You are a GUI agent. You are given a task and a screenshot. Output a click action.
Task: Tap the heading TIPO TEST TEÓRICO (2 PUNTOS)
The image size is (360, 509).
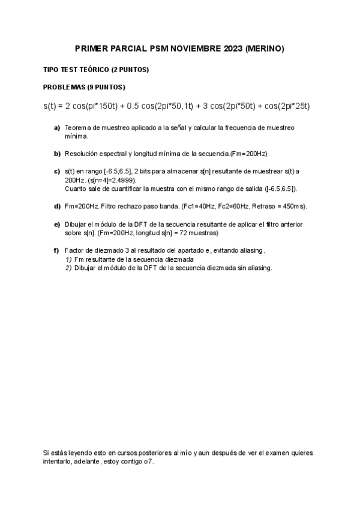tap(96, 70)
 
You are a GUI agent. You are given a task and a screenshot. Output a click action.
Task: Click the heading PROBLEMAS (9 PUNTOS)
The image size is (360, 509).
tap(85, 87)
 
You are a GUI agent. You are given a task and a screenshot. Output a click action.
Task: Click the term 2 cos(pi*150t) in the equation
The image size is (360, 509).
tap(87, 106)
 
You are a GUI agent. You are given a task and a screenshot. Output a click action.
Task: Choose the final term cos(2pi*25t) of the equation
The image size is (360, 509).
tap(284, 106)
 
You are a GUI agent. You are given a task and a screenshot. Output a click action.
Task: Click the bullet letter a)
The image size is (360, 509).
tap(58, 128)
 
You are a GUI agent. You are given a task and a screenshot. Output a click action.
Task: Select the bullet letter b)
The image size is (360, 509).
tap(58, 154)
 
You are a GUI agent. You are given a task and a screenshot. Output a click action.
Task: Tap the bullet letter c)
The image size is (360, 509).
tap(58, 171)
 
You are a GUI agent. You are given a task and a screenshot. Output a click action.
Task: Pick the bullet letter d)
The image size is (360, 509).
tap(58, 206)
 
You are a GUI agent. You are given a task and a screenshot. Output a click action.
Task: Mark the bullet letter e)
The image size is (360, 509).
tap(58, 224)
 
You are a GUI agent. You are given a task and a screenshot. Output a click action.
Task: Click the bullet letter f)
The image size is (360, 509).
tap(58, 250)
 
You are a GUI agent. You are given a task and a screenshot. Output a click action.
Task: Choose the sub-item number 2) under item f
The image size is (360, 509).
tap(68, 268)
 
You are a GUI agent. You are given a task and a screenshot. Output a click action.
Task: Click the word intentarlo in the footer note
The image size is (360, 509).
tap(58, 462)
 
